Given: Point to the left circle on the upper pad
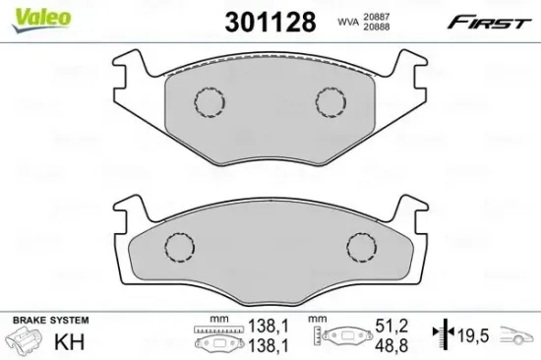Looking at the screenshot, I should tap(208, 100).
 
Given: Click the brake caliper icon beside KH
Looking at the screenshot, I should tap(25, 340).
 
